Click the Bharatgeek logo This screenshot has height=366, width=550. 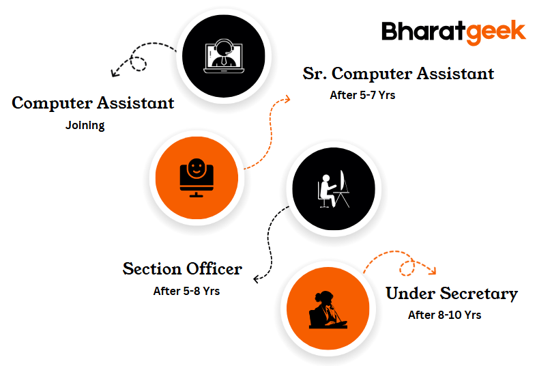tap(454, 33)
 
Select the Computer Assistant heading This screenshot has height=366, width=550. tap(93, 103)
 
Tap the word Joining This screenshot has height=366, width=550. tap(85, 125)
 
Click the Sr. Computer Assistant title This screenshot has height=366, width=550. tap(398, 74)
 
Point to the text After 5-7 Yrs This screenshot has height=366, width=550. tap(362, 95)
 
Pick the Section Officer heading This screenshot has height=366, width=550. tap(182, 269)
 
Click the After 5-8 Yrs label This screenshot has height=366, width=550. tap(186, 291)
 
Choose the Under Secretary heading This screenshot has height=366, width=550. tap(452, 294)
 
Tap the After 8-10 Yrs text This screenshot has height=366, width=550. tap(444, 315)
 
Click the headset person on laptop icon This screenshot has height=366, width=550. tap(224, 56)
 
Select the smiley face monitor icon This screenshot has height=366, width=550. tap(197, 178)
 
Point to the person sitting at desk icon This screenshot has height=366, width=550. tap(333, 188)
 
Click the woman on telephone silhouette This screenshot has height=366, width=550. tap(328, 309)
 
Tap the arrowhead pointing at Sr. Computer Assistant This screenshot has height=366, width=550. tap(287, 99)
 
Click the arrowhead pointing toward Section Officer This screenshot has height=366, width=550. tap(257, 279)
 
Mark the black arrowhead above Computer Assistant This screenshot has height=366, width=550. tap(115, 72)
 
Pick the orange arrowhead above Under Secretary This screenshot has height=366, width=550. tap(432, 270)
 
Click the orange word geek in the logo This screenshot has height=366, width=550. tap(496, 33)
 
